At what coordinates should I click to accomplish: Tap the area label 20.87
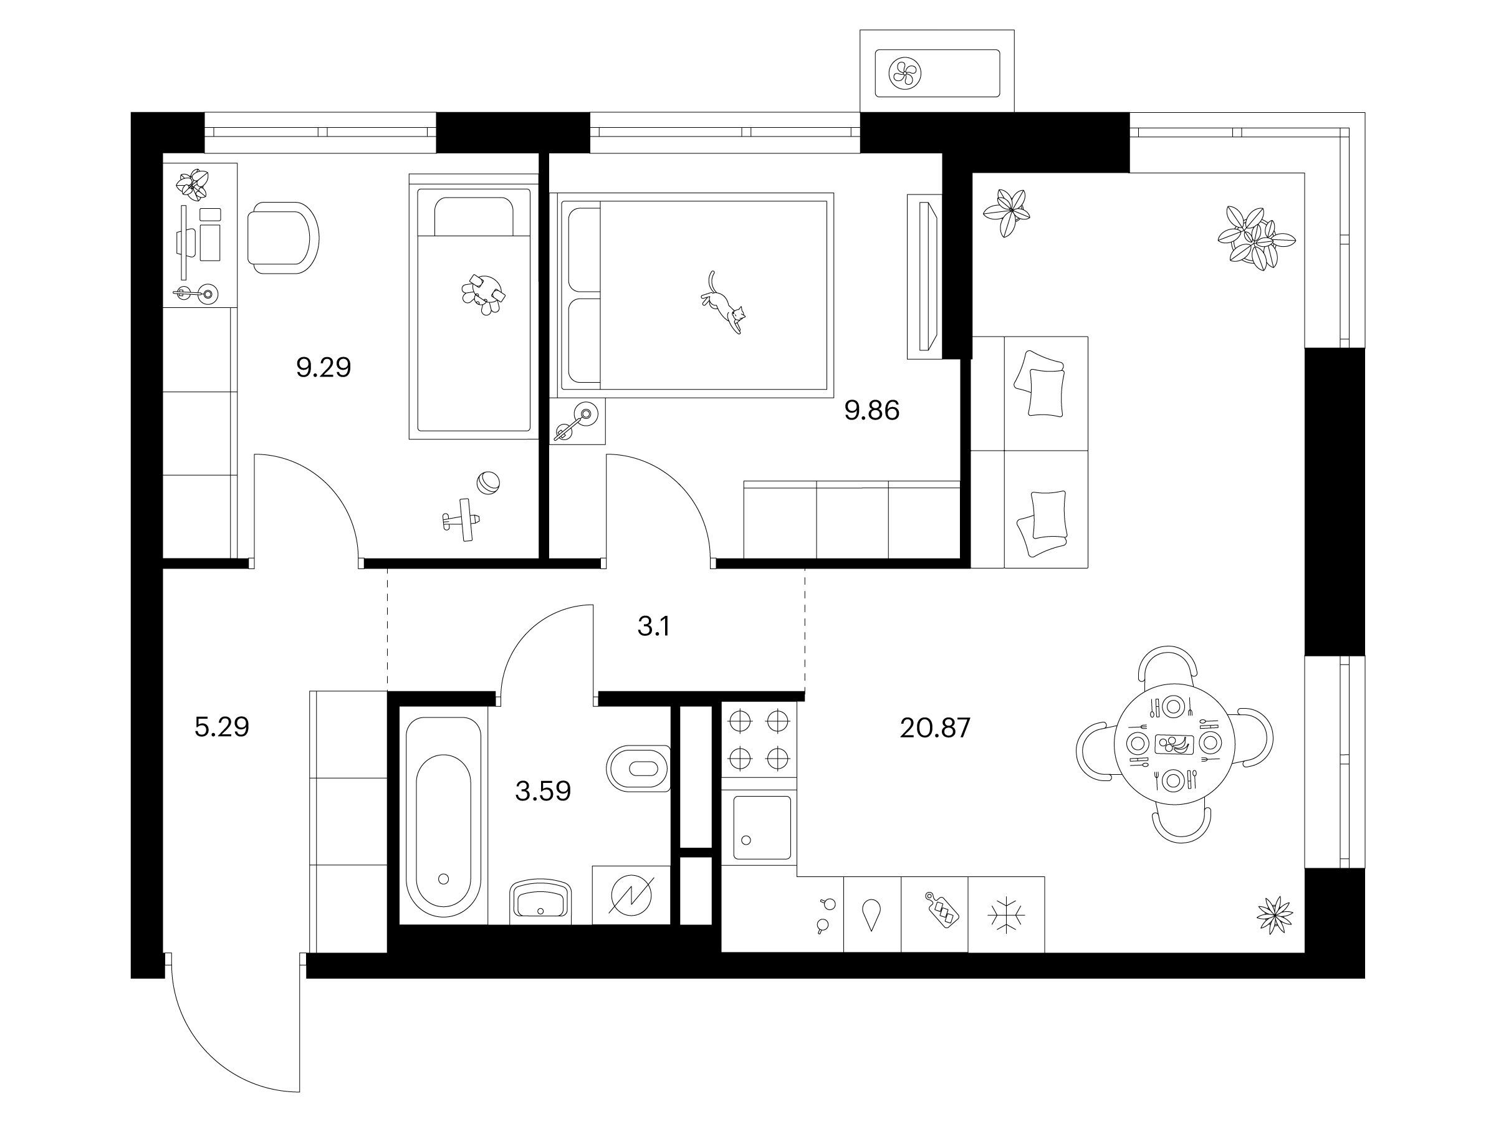click(936, 727)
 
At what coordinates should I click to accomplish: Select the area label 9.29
click(324, 367)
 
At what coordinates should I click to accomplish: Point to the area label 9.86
click(872, 411)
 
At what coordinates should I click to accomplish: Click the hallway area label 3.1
click(653, 627)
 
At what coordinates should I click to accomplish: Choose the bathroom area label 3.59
click(543, 790)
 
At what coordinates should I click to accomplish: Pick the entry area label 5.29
click(222, 727)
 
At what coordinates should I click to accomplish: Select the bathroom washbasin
click(540, 901)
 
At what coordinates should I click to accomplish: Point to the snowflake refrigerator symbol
click(1006, 915)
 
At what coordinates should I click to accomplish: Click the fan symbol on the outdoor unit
click(905, 73)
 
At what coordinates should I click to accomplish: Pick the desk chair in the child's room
click(283, 237)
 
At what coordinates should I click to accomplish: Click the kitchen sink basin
click(762, 827)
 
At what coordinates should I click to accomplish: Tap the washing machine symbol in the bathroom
click(631, 894)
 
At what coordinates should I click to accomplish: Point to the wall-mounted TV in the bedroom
click(923, 277)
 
